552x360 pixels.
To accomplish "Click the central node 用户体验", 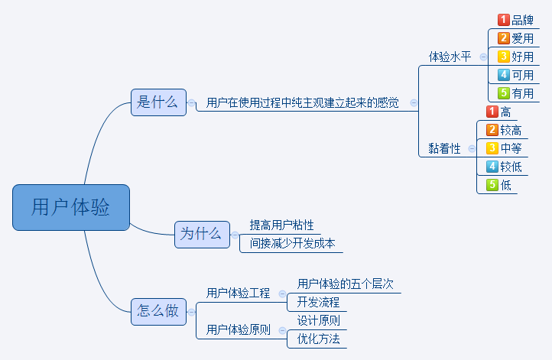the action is click(71, 207).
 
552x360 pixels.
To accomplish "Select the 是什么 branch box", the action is click(158, 102).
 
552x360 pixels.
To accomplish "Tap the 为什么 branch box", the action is click(202, 235).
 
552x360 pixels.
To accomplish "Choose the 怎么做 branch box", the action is click(158, 312).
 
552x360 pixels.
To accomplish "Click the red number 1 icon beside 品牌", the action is click(503, 20).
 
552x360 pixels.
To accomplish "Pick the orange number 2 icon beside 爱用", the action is click(503, 38).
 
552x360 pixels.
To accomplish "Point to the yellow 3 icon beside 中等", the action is click(492, 148).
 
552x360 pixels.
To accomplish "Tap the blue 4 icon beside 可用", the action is click(503, 75).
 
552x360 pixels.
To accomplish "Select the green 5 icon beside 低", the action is click(492, 185).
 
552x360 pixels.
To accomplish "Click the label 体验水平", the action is click(450, 57).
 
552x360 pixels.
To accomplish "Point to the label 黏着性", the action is click(444, 148).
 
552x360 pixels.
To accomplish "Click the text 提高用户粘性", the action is click(281, 225).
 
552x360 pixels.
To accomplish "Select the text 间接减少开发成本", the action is click(292, 244).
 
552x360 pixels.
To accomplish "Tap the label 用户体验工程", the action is click(238, 294).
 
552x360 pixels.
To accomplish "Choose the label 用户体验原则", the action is click(238, 330).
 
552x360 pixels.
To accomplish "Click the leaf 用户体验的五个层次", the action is click(345, 284).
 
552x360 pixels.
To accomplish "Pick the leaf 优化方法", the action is click(318, 339).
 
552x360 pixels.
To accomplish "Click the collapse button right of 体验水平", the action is click(483, 57).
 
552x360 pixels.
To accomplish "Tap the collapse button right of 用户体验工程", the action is click(282, 294).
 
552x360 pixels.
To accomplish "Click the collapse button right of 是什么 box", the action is click(191, 102).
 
